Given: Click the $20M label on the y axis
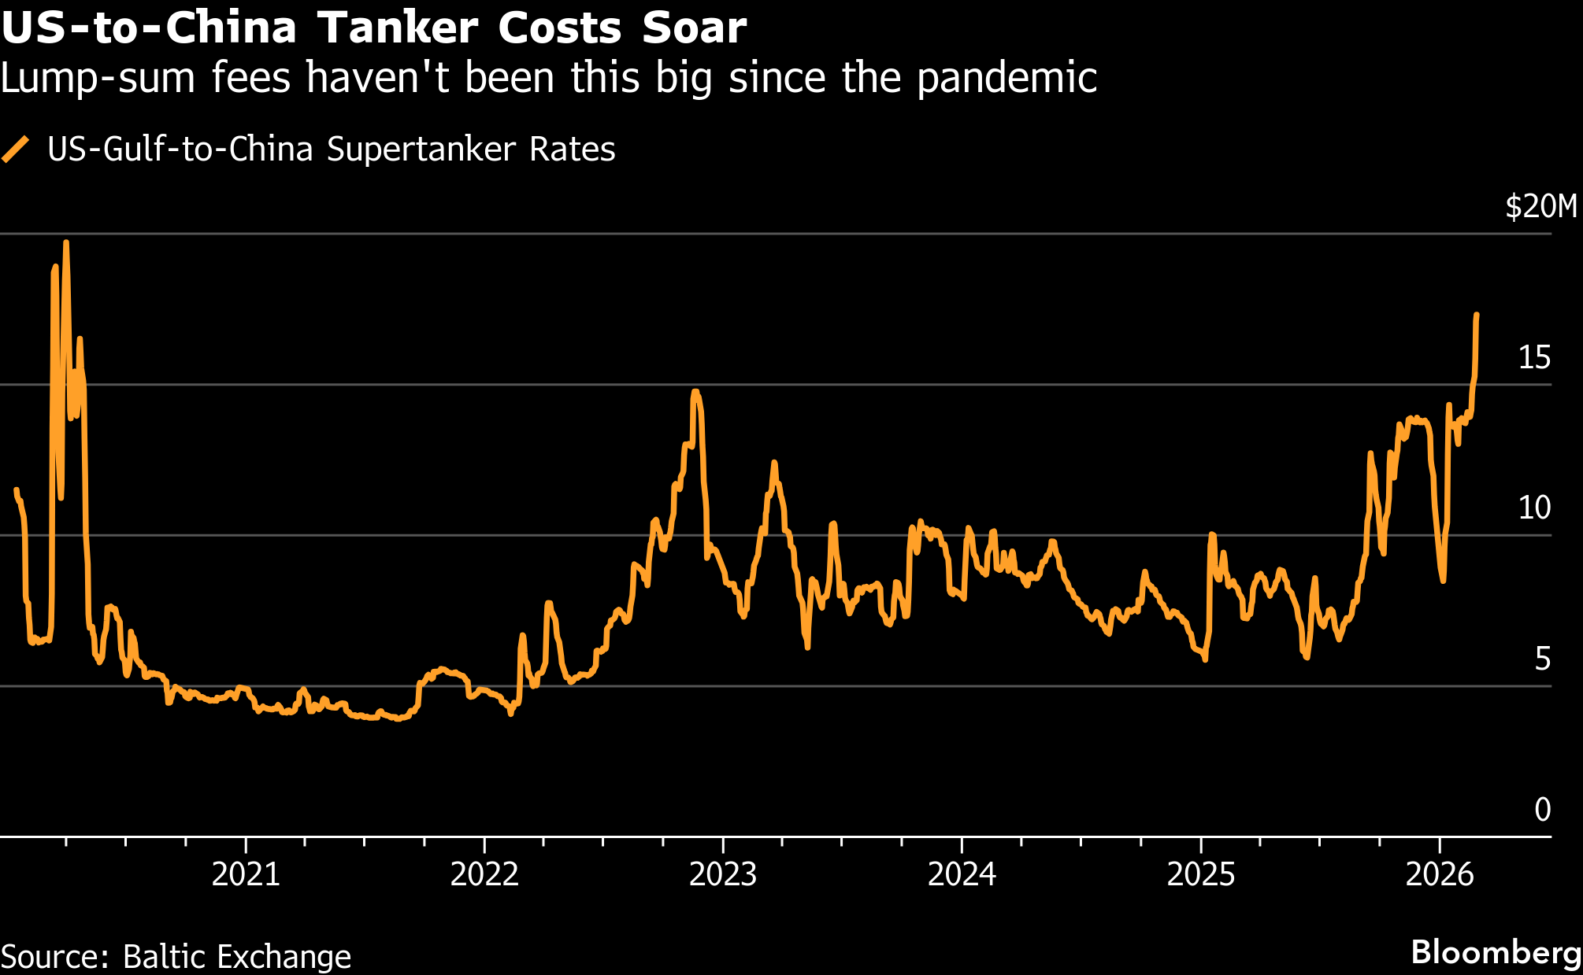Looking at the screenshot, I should [1541, 207].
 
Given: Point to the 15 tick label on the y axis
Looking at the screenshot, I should [1534, 358].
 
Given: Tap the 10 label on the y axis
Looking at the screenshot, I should [1534, 508].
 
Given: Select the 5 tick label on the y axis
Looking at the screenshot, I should [1542, 659].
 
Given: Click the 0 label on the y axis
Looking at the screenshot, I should [1542, 810].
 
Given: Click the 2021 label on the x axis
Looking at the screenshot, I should [246, 875].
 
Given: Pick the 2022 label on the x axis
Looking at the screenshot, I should [484, 875].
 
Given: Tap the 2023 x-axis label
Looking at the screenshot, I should [723, 875].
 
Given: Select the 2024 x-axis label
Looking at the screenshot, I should [962, 875].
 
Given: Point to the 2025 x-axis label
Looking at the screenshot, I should [1200, 875].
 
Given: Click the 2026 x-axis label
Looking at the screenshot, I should [1440, 875].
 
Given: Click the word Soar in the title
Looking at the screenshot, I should [694, 28].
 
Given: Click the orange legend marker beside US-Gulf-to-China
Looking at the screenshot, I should [16, 150].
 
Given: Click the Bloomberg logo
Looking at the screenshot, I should [1496, 952].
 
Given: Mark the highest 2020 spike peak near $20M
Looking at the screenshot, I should [65, 243].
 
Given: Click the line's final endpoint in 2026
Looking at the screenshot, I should [1476, 315].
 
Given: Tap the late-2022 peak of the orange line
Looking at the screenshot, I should [695, 391].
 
